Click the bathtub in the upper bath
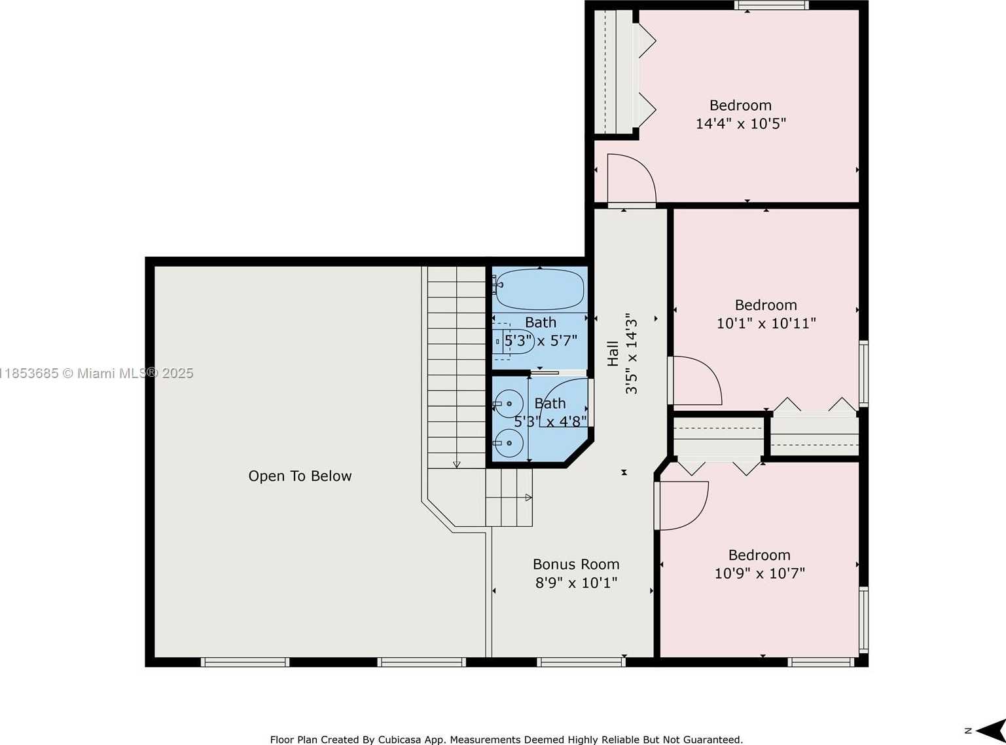[539, 290]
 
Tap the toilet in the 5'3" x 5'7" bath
[513, 341]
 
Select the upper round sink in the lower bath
[509, 404]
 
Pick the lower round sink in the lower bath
[509, 443]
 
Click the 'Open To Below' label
[300, 476]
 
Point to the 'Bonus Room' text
[576, 564]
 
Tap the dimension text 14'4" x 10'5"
[741, 124]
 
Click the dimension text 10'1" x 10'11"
[766, 324]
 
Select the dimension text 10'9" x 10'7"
[760, 573]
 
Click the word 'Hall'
[613, 353]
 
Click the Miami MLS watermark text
[97, 373]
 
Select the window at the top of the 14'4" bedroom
[772, 5]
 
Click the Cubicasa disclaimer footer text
[506, 740]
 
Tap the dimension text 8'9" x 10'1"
[576, 583]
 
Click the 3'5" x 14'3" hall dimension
[632, 353]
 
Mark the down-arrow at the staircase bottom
[457, 465]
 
